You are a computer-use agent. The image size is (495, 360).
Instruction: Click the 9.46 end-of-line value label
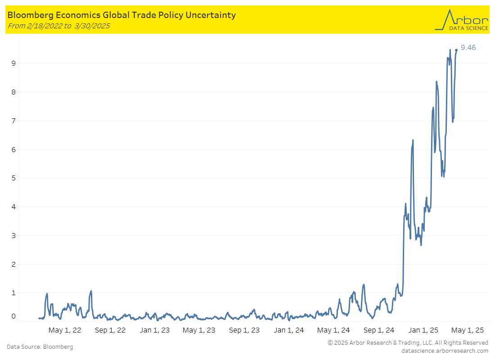[x=468, y=48]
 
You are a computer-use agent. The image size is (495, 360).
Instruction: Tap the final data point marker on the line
[x=456, y=50]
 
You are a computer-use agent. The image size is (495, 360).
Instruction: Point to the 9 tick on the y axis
[x=13, y=63]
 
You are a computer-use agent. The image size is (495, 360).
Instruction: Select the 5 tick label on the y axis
[x=13, y=178]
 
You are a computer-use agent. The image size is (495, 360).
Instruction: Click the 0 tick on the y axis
[x=13, y=316]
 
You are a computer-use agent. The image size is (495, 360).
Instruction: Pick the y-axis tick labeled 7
[x=13, y=121]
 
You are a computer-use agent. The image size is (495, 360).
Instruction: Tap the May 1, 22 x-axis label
[x=65, y=330]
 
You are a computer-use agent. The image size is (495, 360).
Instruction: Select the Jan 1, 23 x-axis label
[x=155, y=330]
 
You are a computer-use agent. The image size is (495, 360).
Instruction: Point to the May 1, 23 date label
[x=199, y=330]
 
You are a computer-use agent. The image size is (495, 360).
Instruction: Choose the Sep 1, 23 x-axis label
[x=244, y=330]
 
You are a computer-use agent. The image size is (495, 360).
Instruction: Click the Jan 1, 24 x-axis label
[x=289, y=330]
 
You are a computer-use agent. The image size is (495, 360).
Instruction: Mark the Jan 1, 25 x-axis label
[x=423, y=330]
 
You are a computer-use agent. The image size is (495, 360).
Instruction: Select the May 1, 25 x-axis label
[x=468, y=330]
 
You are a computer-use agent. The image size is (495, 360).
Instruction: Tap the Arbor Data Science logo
[x=461, y=20]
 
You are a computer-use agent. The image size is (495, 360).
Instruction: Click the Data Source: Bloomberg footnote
[x=40, y=347]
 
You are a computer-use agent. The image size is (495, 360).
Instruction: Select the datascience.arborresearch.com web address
[x=445, y=351]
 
